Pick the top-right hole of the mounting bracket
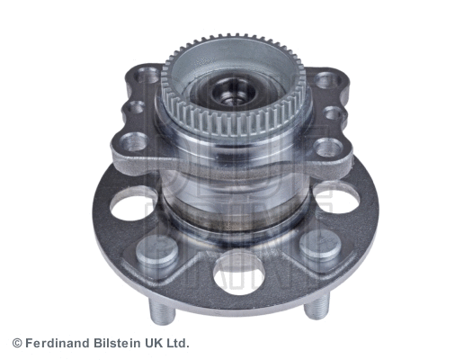(x=324, y=80)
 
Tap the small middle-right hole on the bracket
(x=333, y=113)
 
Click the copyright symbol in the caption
(x=16, y=343)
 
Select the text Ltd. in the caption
(x=176, y=343)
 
